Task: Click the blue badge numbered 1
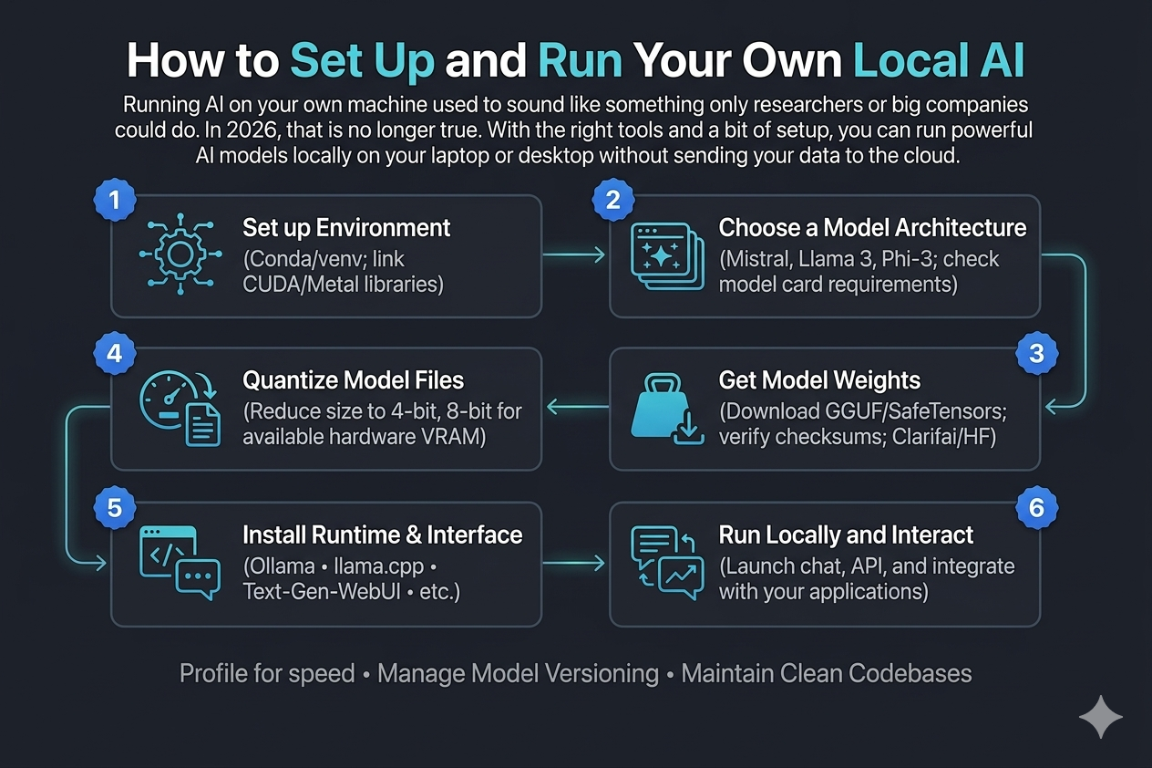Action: pyautogui.click(x=114, y=202)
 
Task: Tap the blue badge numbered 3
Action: pyautogui.click(x=1036, y=354)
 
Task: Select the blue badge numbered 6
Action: pyautogui.click(x=1036, y=507)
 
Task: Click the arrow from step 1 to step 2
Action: pyautogui.click(x=575, y=256)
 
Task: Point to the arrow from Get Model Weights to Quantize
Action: pyautogui.click(x=575, y=409)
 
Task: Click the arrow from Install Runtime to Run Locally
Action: pyautogui.click(x=575, y=563)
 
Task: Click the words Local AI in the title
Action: pyautogui.click(x=939, y=60)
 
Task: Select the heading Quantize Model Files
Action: pyautogui.click(x=354, y=379)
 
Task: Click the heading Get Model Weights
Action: pyautogui.click(x=819, y=379)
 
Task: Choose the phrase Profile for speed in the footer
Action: pyautogui.click(x=267, y=674)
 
